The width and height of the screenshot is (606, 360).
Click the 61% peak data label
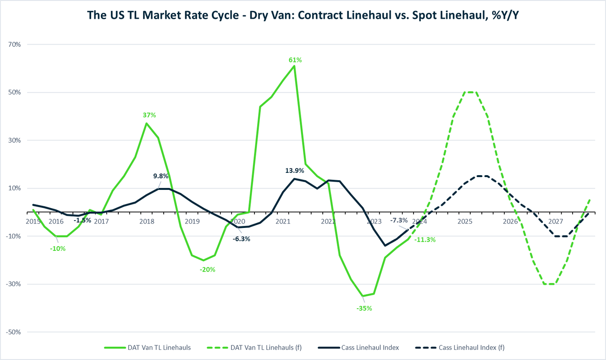pos(295,60)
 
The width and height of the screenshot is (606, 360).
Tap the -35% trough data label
pos(364,308)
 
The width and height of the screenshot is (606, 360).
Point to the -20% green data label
pos(207,269)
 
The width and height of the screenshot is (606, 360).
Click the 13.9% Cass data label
pos(295,170)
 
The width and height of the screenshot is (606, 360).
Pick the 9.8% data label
pos(161,176)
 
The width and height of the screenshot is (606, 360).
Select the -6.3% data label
pos(241,239)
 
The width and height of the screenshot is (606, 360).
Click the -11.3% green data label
pos(424,239)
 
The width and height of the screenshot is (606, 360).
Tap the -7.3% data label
pos(399,220)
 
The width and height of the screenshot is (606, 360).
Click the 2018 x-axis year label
pos(147,222)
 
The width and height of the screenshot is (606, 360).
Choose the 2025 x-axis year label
pos(465,222)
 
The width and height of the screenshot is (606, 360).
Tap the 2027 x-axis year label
pos(556,222)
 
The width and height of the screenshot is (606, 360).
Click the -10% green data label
pos(58,249)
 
